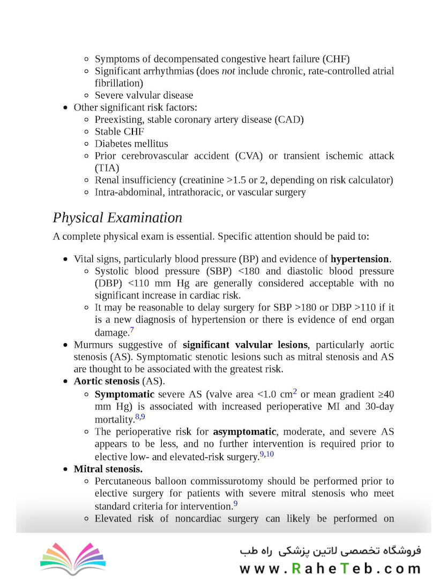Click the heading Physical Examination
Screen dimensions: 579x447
point(117,218)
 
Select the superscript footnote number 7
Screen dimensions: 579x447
point(132,330)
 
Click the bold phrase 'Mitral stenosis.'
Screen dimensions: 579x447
point(108,469)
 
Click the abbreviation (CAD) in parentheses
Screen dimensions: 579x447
point(289,120)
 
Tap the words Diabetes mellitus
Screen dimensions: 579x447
point(131,144)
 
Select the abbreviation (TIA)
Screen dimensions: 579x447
point(107,168)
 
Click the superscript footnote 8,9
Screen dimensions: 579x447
point(140,417)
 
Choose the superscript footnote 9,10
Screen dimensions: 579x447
point(267,454)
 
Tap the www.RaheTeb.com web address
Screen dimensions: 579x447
point(330,568)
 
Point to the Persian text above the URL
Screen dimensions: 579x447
point(330,551)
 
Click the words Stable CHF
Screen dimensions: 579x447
point(120,131)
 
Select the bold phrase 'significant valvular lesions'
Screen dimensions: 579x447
point(245,345)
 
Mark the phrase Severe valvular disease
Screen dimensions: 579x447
point(144,95)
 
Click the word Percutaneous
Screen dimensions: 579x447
point(123,481)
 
